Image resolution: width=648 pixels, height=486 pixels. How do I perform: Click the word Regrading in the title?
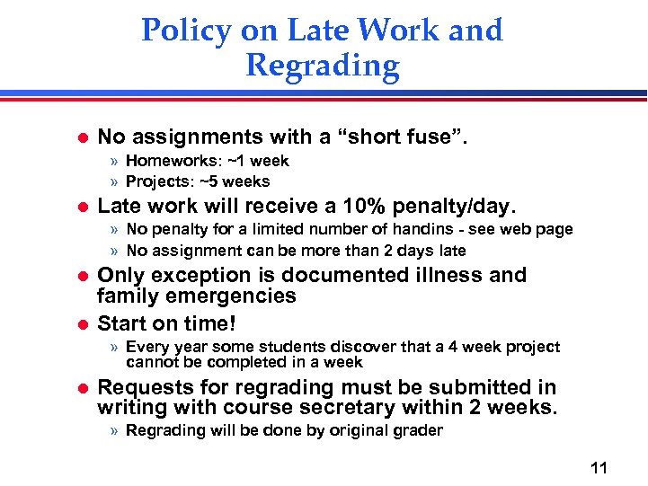322,66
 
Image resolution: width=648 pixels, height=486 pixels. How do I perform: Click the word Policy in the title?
187,30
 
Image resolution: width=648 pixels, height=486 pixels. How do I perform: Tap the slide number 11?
600,467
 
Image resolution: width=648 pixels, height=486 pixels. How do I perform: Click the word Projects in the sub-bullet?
156,181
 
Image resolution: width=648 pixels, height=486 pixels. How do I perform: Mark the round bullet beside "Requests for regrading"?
80,388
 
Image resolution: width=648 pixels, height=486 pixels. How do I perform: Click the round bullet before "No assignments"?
80,137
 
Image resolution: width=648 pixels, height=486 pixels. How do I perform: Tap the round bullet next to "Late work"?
80,206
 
